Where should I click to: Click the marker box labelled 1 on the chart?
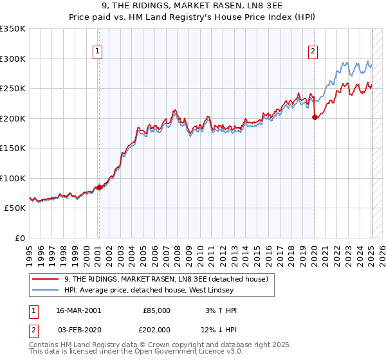point(97,52)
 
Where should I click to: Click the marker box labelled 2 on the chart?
point(313,52)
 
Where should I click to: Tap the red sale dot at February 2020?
point(315,117)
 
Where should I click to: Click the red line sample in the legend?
point(45,278)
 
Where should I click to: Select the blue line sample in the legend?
point(45,290)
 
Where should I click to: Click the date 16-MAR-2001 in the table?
point(78,310)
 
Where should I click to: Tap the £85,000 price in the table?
point(156,310)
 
